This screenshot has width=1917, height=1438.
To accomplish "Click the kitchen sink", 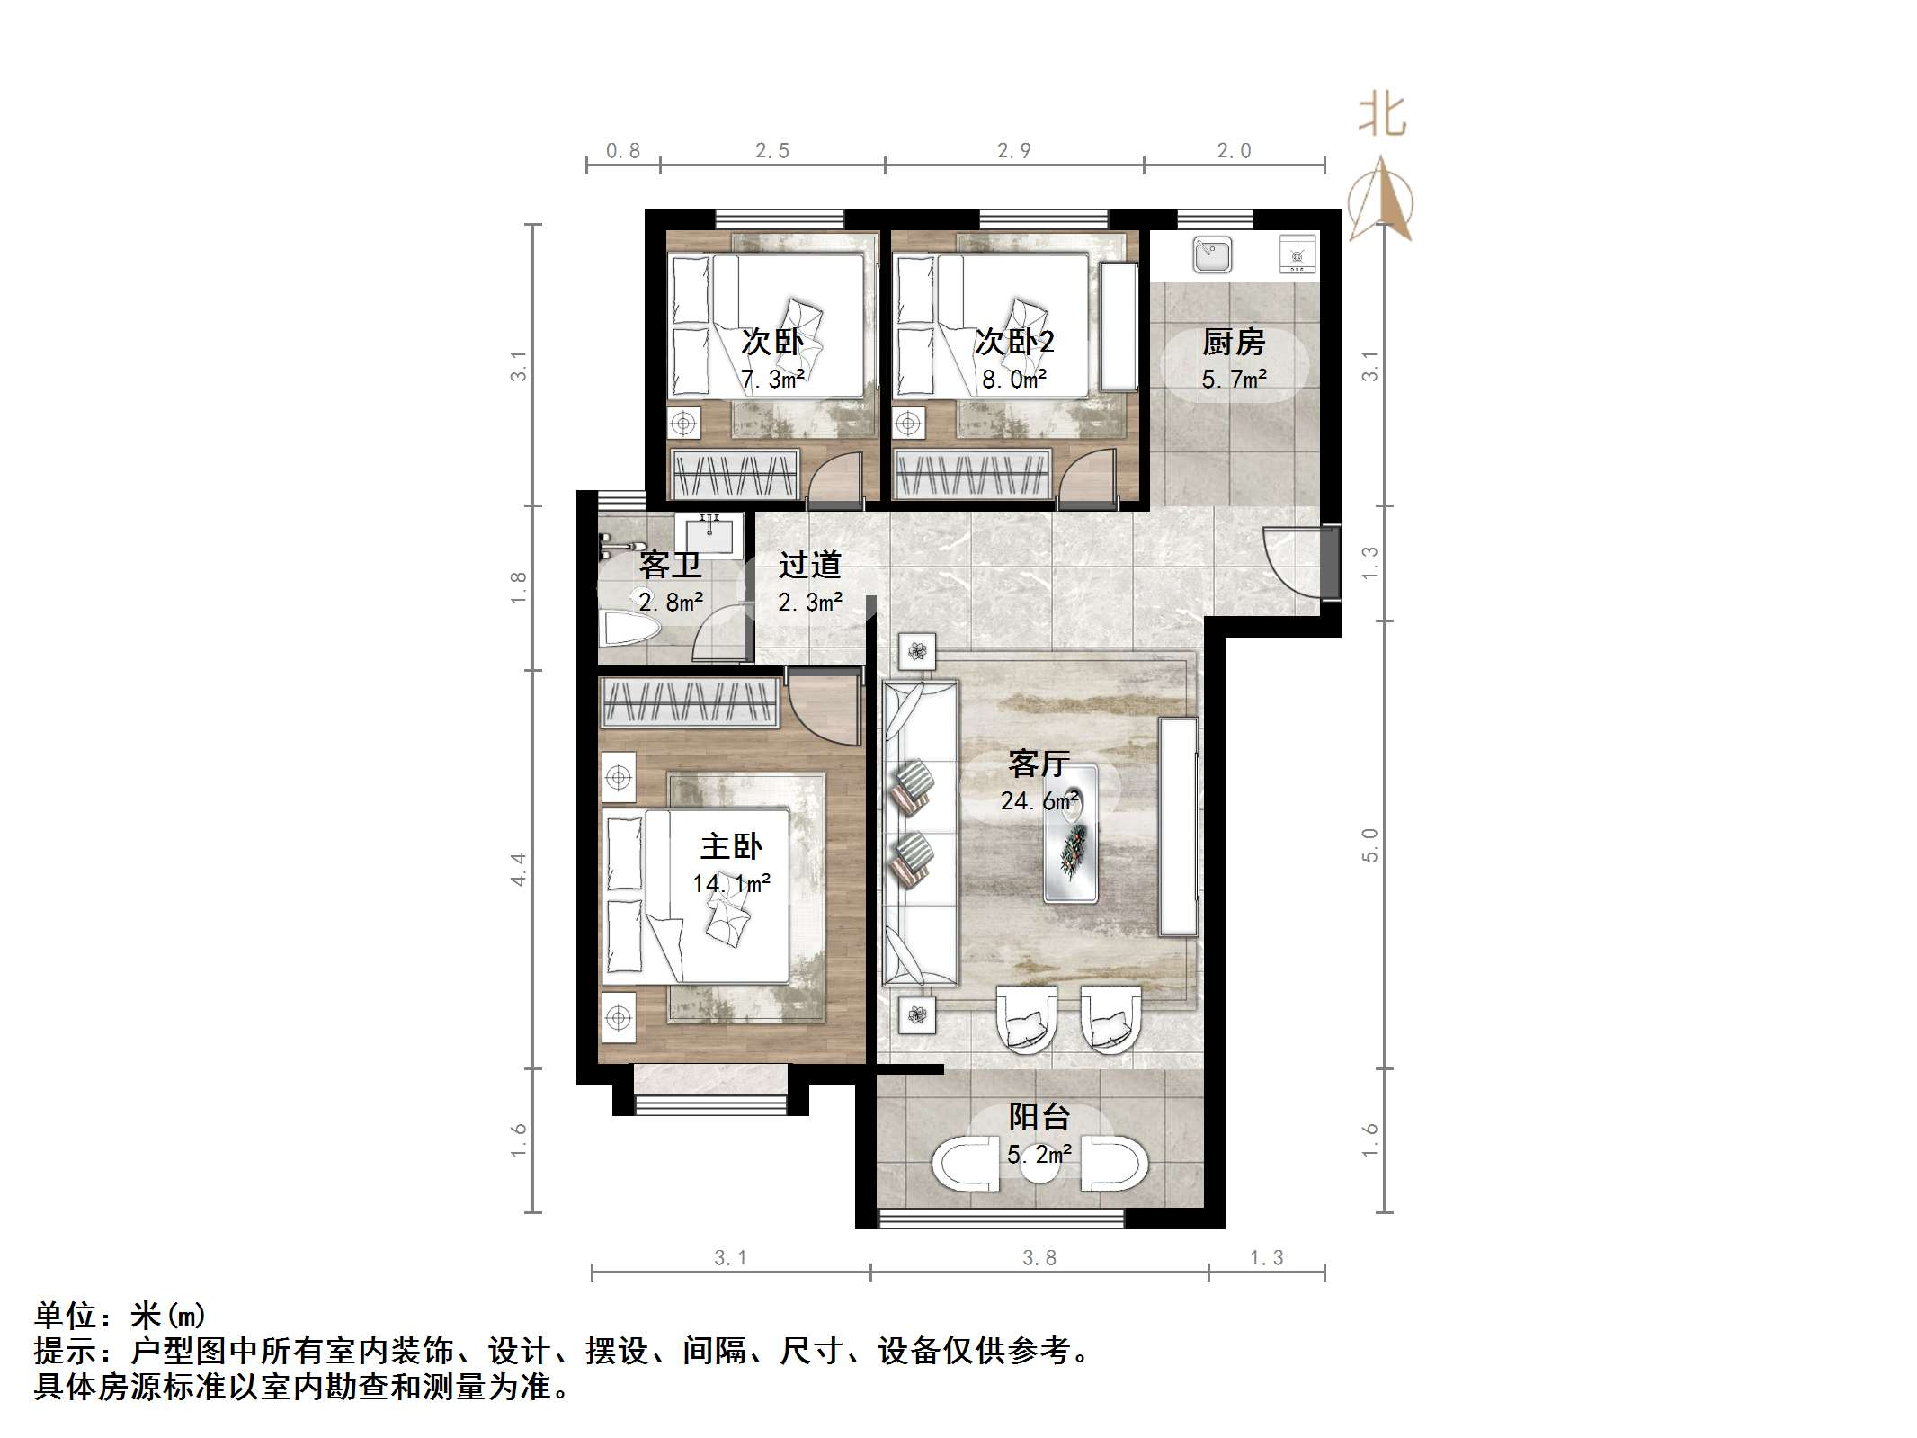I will (x=1213, y=255).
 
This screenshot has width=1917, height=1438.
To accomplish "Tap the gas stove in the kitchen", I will (x=1297, y=255).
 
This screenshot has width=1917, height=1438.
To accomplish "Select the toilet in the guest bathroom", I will (x=628, y=627).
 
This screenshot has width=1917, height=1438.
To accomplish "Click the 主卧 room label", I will (x=731, y=847).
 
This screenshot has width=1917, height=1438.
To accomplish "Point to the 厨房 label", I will (x=1234, y=343).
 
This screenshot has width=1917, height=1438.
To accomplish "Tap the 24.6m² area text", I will (x=1039, y=800).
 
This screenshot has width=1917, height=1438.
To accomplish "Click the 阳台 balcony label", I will (x=1039, y=1118).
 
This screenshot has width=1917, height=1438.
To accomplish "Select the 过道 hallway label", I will (x=809, y=565).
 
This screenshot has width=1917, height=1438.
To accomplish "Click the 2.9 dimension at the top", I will (x=1014, y=151).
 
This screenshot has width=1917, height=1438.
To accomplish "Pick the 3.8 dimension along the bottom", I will (x=1039, y=1257).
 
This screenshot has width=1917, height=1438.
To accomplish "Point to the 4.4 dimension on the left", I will (x=519, y=870).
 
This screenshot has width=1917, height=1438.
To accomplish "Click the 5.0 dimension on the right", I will (x=1369, y=845).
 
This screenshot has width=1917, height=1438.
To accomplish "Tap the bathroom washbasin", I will (x=709, y=534).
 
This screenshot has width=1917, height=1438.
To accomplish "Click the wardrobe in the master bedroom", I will (x=689, y=703).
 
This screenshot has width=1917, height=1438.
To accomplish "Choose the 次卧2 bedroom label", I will (x=1014, y=343).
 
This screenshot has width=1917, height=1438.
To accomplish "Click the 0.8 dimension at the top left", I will (x=623, y=151).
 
